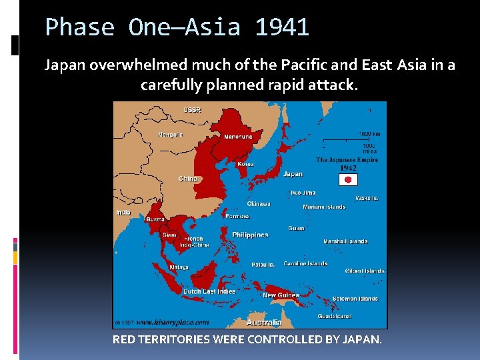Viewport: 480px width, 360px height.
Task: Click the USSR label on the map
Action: tap(193, 109)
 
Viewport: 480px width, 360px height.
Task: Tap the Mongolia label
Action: tap(171, 135)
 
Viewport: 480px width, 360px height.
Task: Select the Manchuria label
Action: tap(238, 137)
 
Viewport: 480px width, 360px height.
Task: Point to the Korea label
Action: tap(245, 163)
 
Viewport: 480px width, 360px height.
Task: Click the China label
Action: tap(187, 179)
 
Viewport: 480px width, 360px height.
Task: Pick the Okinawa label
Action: tap(259, 204)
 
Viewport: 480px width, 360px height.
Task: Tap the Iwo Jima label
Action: tap(303, 193)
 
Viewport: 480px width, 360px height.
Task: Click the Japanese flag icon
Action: tap(349, 180)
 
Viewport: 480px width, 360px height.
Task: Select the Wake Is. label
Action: tap(367, 198)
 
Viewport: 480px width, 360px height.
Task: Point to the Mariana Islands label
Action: tap(324, 207)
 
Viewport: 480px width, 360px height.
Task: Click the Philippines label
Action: tap(250, 235)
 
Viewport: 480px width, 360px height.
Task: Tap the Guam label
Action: tap(296, 228)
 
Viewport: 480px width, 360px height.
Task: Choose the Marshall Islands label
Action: tap(345, 241)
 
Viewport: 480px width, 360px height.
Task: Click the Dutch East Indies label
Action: tap(210, 292)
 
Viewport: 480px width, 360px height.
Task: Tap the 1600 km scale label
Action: tap(370, 134)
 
